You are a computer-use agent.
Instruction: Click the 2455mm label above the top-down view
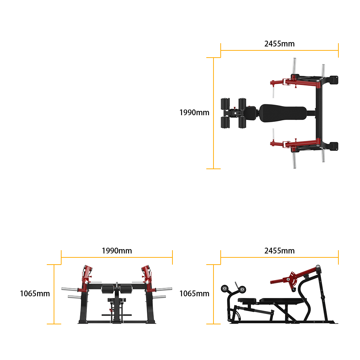[x=279, y=44]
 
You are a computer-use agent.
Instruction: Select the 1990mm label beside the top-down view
[x=194, y=112]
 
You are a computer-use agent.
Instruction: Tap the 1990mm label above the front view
[x=117, y=251]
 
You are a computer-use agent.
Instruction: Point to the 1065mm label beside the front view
[x=35, y=293]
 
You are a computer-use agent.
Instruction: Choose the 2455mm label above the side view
[x=279, y=251]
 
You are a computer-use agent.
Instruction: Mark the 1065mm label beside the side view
[x=194, y=293]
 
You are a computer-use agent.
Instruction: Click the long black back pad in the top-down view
[x=283, y=113]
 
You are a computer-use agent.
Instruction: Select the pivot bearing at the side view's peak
[x=318, y=267]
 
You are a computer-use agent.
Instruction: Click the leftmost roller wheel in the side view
[x=225, y=289]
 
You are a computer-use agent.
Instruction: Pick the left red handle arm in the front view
[x=86, y=278]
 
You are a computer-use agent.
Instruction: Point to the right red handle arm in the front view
[x=147, y=278]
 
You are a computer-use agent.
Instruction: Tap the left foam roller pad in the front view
[x=107, y=289]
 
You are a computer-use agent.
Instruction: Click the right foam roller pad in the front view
[x=126, y=289]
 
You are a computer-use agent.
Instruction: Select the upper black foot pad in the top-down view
[x=334, y=80]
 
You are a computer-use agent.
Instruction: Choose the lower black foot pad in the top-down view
[x=334, y=146]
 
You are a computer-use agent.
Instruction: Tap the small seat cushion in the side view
[x=247, y=300]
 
